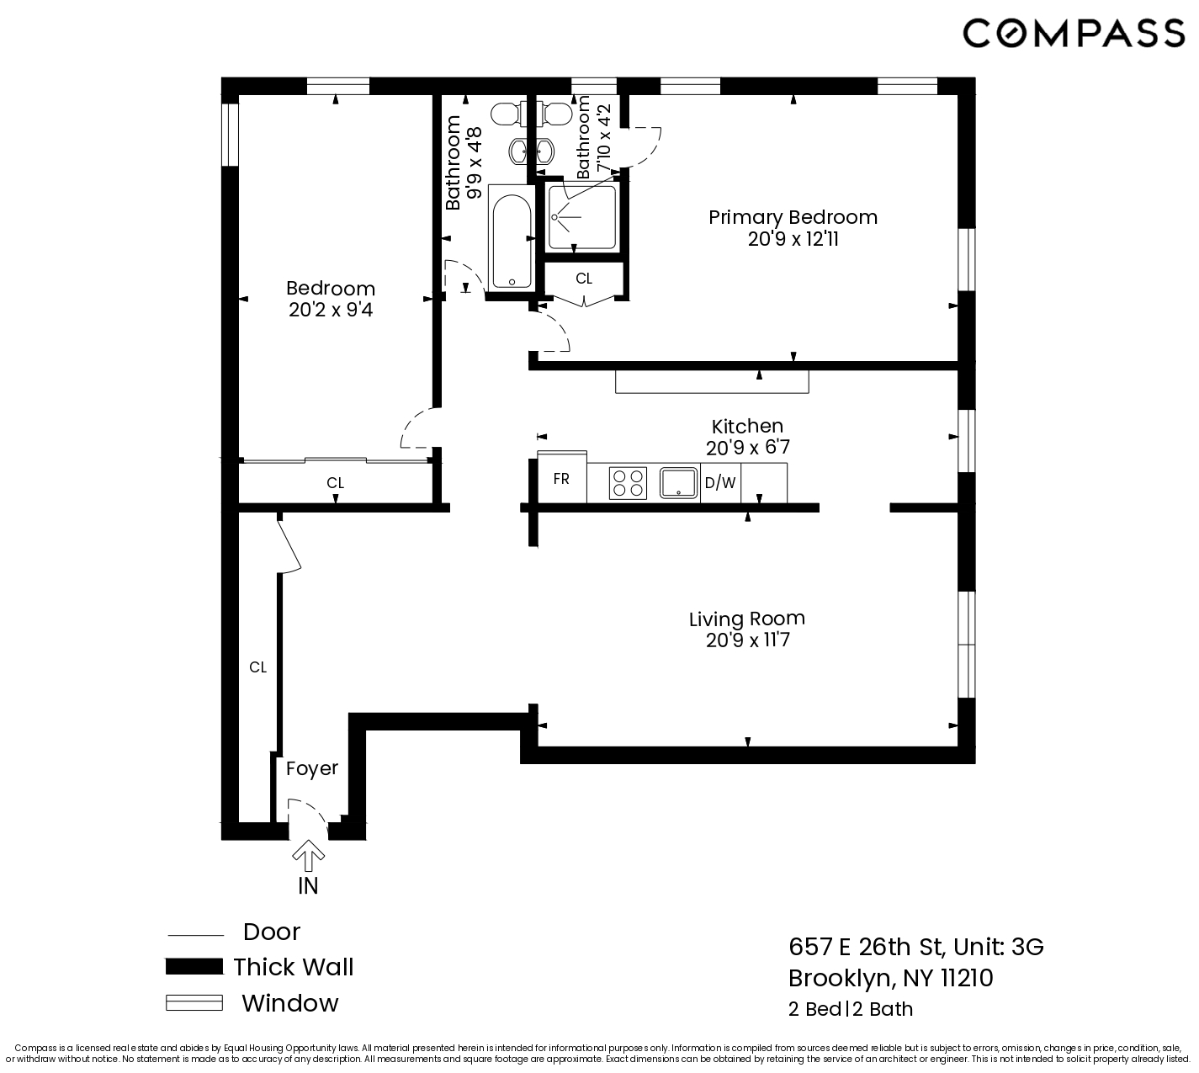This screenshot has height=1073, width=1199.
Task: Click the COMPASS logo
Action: pos(1074,34)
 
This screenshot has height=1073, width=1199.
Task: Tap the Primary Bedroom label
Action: pos(793,217)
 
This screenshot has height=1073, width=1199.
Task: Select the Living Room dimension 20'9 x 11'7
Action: pos(747,640)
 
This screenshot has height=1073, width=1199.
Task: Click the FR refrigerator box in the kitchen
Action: pos(561,479)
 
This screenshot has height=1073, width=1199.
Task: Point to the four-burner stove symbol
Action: pos(629,483)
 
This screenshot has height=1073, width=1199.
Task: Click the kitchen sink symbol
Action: pos(679,483)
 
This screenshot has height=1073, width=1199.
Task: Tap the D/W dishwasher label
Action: pos(720,483)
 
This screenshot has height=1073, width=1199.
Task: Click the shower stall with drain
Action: pos(581,217)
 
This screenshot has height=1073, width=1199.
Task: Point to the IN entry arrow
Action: pos(309,857)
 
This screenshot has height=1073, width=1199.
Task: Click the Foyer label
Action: pos(311,768)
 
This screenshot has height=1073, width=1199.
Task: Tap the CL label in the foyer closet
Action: pos(257,667)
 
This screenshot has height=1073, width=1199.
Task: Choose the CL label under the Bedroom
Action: pos(335,483)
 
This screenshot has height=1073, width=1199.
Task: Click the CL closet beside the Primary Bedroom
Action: pos(584,278)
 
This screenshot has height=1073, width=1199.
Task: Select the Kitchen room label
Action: pos(747,426)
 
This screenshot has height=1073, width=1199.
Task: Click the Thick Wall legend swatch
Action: pos(194,967)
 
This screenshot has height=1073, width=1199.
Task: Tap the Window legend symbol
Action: pos(194,1003)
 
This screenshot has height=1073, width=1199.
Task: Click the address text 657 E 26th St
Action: pos(867,947)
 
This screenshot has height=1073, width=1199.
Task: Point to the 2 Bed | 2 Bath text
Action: pos(850,1009)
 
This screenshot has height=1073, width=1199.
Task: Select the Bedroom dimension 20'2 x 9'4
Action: pos(331,311)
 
